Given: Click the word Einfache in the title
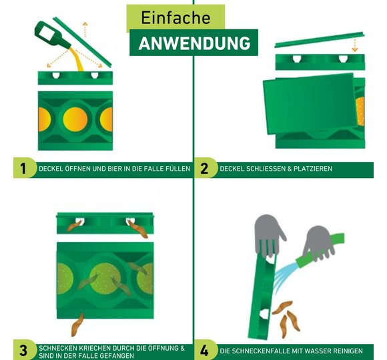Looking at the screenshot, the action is click(x=175, y=18).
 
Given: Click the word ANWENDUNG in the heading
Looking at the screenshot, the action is click(x=194, y=43).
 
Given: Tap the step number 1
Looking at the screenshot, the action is click(x=23, y=169).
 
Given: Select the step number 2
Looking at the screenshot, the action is click(x=204, y=169).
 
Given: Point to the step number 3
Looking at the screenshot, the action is click(x=23, y=351).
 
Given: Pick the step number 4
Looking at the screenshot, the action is click(x=204, y=351).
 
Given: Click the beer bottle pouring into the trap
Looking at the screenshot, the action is click(x=52, y=35).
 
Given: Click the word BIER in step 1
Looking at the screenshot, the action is click(x=115, y=169).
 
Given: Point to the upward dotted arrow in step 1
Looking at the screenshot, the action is click(x=85, y=29).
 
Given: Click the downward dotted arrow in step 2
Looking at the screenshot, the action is click(x=355, y=45).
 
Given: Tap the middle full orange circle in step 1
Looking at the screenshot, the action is click(x=75, y=119).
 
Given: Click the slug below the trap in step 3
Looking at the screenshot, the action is click(x=77, y=325).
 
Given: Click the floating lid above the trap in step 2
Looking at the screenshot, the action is click(x=320, y=39).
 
